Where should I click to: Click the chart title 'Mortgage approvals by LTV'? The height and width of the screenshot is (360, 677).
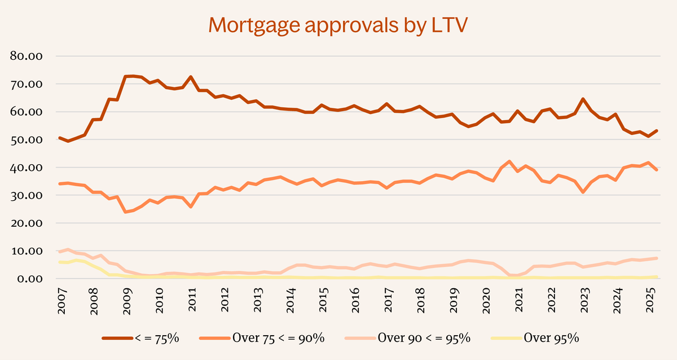(x=338, y=25)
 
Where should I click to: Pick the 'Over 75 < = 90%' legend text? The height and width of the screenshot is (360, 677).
(x=278, y=338)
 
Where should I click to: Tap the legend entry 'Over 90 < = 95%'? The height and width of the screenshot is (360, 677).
(x=423, y=338)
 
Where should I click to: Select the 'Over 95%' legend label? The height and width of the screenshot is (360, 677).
(x=551, y=338)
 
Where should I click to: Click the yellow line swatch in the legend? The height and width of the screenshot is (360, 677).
(x=505, y=338)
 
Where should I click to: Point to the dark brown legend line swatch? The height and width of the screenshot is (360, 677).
(x=117, y=338)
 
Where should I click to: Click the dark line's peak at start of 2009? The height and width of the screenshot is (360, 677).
(x=128, y=76)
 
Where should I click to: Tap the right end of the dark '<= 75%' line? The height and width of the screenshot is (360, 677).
(x=657, y=131)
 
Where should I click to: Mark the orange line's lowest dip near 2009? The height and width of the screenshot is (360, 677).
(x=125, y=212)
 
